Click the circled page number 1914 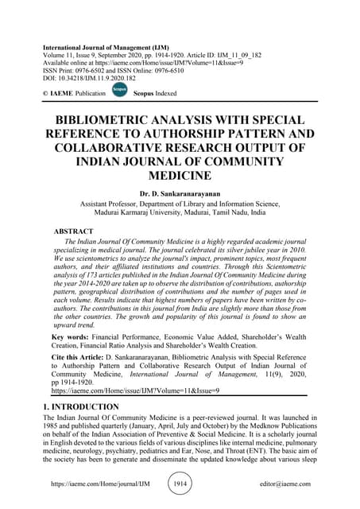(x=180, y=484)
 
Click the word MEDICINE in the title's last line (x=180, y=176)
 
